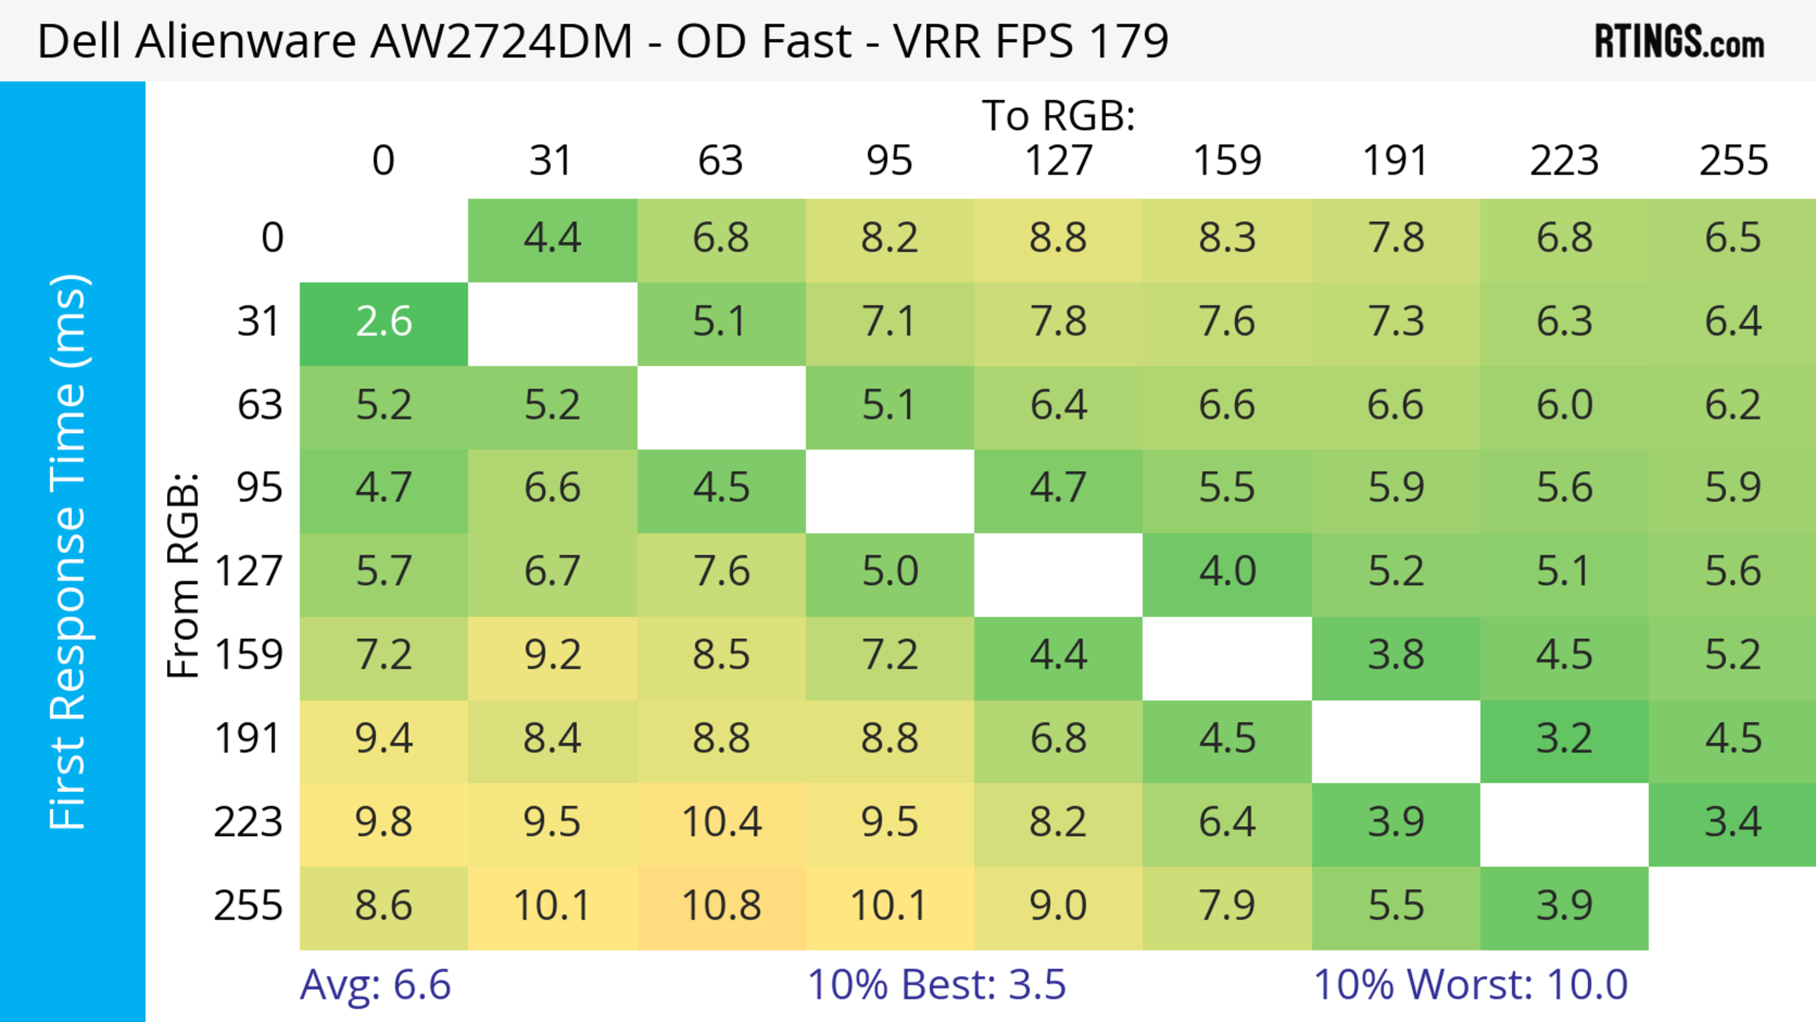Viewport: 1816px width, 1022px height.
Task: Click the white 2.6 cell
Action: pos(384,322)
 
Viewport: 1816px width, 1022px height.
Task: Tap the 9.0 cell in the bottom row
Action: pos(1058,906)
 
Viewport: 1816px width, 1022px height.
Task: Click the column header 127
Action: pos(1058,161)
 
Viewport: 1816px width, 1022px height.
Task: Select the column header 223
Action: pos(1564,161)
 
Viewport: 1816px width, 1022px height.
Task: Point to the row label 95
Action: pos(260,488)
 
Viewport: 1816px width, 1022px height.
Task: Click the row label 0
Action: pos(272,238)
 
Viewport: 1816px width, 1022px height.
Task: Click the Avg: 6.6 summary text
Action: pos(375,985)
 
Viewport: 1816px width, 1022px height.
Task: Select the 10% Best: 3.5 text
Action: pos(936,985)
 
